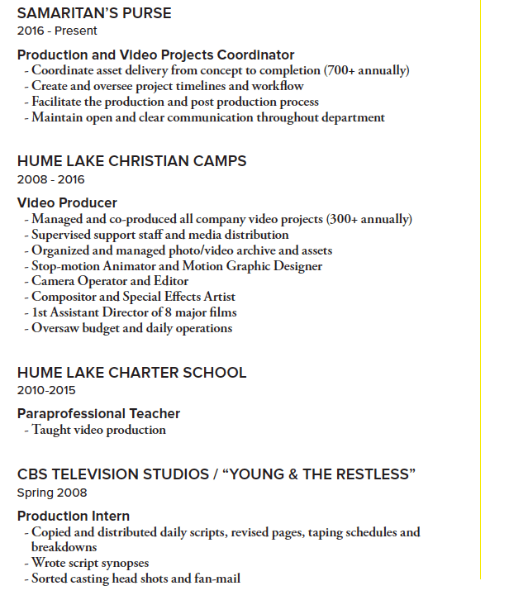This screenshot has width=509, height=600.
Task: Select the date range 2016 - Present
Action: click(57, 31)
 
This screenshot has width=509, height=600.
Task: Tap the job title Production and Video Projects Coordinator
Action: click(155, 55)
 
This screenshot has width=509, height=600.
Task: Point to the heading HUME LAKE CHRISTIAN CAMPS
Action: click(131, 161)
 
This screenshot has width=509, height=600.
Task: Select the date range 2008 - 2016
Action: click(50, 179)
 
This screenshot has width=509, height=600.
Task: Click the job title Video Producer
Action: click(67, 203)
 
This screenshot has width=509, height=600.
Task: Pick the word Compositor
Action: click(64, 297)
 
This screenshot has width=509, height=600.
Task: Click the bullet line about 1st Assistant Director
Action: click(134, 312)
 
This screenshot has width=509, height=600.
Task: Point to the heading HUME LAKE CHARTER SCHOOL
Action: click(131, 373)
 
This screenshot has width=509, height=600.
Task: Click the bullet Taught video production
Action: click(98, 430)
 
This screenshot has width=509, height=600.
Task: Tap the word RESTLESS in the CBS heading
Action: click(366, 474)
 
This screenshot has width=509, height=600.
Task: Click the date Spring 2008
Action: click(51, 493)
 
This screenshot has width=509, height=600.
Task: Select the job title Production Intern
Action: click(74, 517)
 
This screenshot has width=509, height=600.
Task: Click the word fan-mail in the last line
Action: click(214, 579)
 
